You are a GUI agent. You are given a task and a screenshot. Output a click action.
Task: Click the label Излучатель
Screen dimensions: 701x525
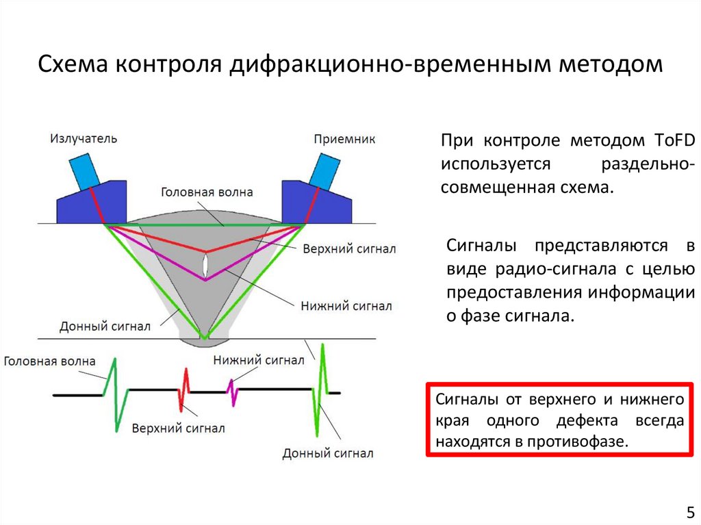pyautogui.click(x=83, y=139)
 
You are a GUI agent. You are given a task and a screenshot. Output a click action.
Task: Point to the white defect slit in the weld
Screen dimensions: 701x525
pyautogui.click(x=206, y=265)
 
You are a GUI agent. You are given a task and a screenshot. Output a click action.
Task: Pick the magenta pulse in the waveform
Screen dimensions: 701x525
pyautogui.click(x=232, y=392)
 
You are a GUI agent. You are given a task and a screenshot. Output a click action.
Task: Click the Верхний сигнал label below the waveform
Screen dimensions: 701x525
pyautogui.click(x=179, y=428)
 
